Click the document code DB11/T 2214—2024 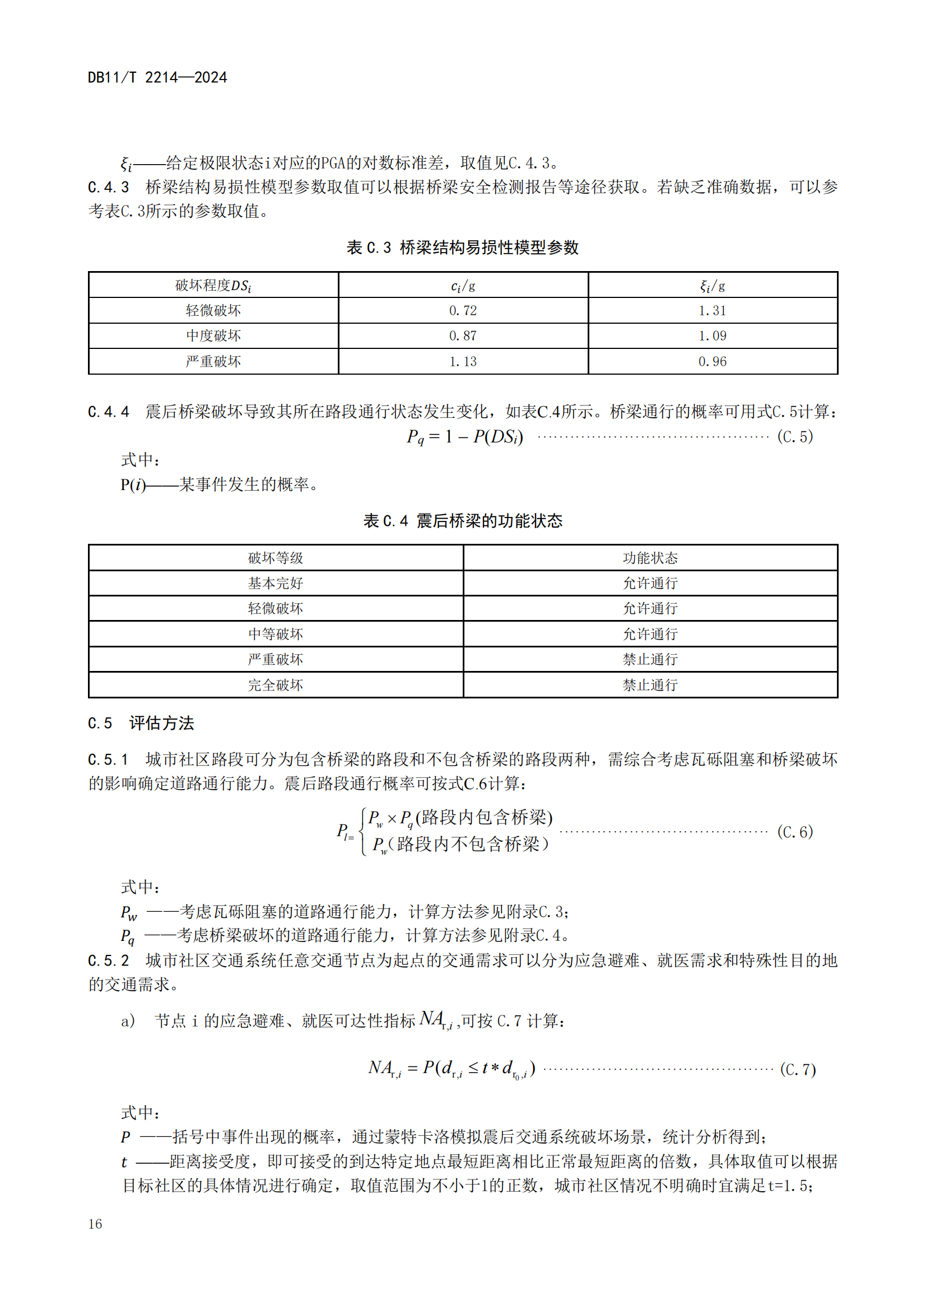[x=157, y=78]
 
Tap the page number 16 [x=95, y=1224]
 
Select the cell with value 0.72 [x=463, y=310]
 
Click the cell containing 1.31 [x=713, y=310]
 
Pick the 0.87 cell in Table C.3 [x=463, y=335]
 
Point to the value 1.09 [x=713, y=335]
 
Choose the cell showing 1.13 [x=463, y=361]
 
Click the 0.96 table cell [x=713, y=361]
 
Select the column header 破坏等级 [x=275, y=557]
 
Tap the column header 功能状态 [x=650, y=557]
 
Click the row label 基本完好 [x=275, y=583]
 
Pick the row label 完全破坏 [x=275, y=684]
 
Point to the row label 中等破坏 [x=275, y=634]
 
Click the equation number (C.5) [x=795, y=437]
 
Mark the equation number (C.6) [x=795, y=832]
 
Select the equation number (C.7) [x=798, y=1069]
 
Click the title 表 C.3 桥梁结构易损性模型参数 [x=463, y=248]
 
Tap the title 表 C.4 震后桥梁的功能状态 [x=463, y=521]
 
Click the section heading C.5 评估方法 [x=141, y=724]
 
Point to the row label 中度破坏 [x=213, y=335]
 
